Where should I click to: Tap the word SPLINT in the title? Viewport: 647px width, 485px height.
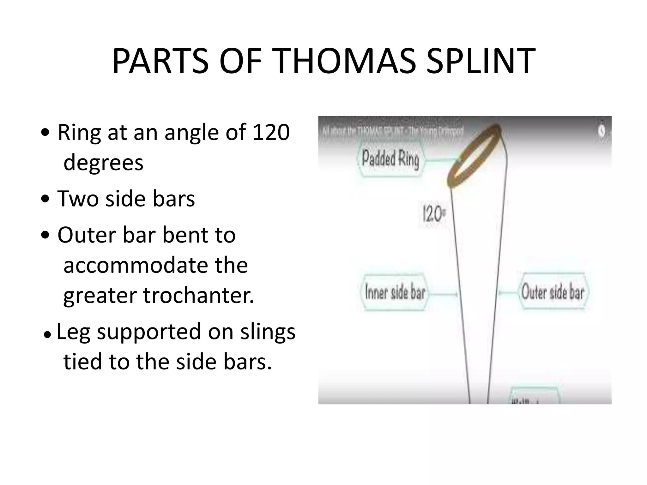tap(480, 61)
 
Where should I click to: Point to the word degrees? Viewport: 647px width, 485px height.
tap(103, 162)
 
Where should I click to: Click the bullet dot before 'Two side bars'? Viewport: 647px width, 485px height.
tap(46, 199)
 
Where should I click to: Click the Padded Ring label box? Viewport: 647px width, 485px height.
tap(390, 159)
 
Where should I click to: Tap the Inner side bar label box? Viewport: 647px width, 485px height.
tap(395, 292)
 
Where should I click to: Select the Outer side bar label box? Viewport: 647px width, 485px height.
tap(553, 291)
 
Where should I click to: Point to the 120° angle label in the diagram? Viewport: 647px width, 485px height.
tap(434, 214)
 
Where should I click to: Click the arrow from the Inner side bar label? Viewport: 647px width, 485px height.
tap(444, 294)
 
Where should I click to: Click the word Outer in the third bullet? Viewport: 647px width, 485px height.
tap(84, 235)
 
